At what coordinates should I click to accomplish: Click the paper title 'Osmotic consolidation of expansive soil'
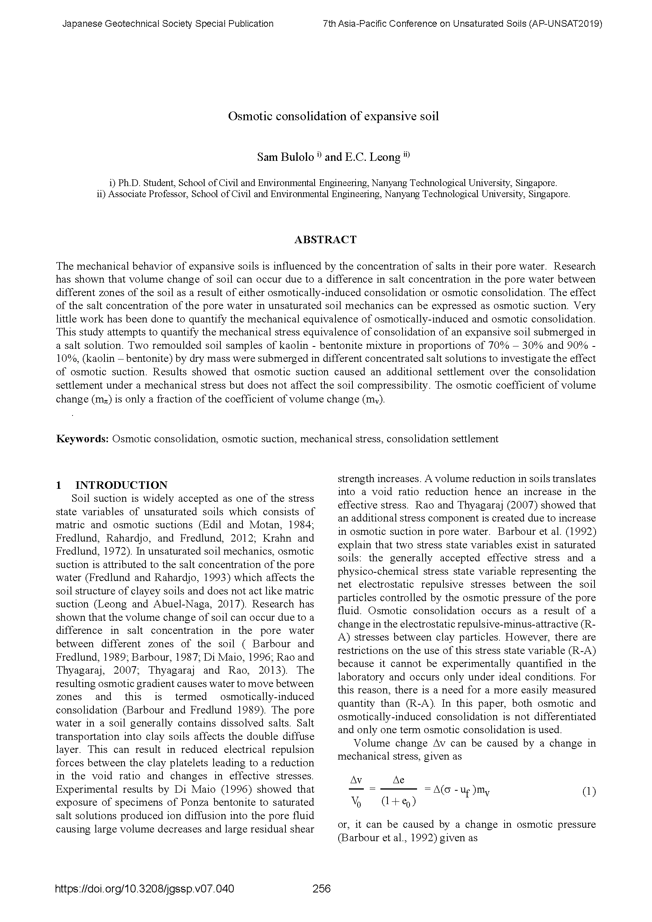(333, 116)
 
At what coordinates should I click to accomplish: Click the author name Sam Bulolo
(285, 157)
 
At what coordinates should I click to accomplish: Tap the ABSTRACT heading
(325, 240)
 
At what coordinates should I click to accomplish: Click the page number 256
(322, 888)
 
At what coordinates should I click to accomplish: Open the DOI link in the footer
(145, 888)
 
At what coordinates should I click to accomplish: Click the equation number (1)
(589, 792)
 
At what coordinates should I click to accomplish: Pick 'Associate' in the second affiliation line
(127, 194)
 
